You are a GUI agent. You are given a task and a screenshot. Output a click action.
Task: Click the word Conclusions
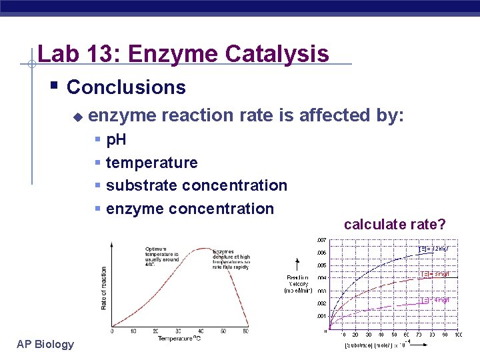click(126, 87)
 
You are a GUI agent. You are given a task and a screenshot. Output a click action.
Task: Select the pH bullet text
click(116, 140)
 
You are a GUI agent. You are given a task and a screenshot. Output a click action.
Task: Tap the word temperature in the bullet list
click(151, 163)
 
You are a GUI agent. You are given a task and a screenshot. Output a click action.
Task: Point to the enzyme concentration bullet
click(189, 209)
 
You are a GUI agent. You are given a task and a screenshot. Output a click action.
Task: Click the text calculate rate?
click(395, 225)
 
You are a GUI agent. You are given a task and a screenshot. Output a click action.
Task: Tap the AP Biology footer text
click(45, 344)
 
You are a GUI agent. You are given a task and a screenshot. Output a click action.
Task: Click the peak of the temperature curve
click(202, 249)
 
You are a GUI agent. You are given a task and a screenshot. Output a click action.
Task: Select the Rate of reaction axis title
click(104, 287)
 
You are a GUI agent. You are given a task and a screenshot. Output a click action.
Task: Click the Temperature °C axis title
click(185, 339)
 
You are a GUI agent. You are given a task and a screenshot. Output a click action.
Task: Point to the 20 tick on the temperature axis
click(155, 331)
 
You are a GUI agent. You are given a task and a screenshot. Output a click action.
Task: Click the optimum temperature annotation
click(161, 255)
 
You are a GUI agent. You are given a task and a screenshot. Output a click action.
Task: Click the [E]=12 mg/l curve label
click(433, 249)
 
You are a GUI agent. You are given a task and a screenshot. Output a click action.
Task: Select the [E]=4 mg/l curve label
click(433, 300)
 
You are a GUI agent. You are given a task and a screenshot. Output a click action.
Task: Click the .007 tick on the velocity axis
click(321, 240)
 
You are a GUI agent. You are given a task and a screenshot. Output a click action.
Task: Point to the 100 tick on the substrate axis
click(458, 335)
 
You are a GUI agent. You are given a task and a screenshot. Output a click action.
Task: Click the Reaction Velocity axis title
click(299, 284)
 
